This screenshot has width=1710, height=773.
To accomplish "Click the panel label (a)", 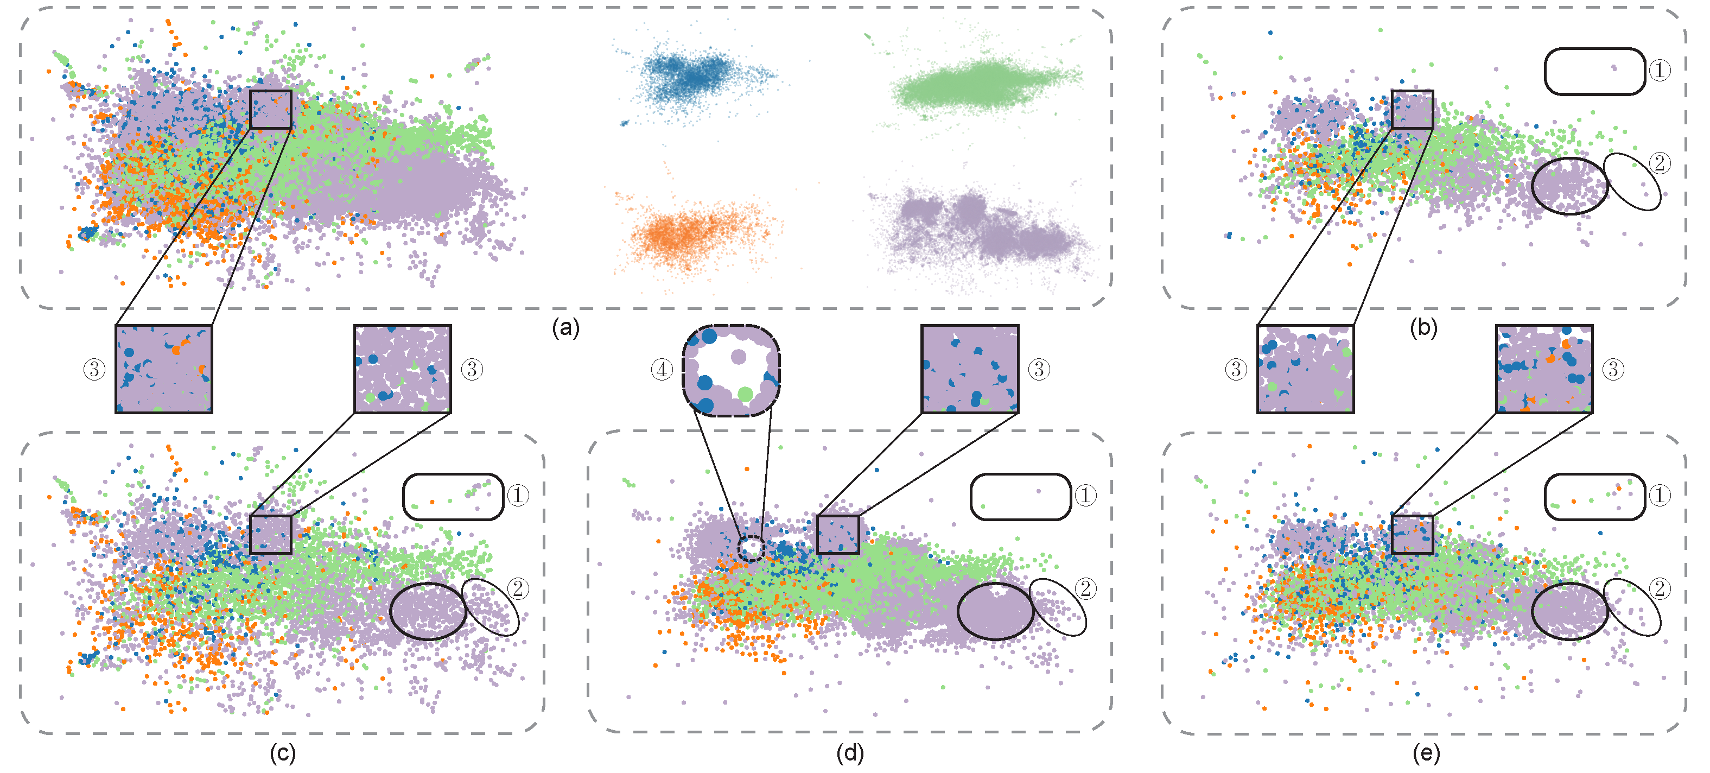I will (x=565, y=327).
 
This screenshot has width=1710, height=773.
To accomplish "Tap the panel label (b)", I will (x=1423, y=327).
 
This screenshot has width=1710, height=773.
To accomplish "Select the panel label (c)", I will (x=282, y=753).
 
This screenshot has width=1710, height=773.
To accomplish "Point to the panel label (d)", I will (x=850, y=753).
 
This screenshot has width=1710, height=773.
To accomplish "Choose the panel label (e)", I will (x=1426, y=753).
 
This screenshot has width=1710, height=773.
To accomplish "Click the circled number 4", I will (x=662, y=369).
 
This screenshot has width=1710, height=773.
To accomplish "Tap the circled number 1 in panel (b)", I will (x=1660, y=69).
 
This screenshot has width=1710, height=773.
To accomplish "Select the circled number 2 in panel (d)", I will (x=1085, y=588).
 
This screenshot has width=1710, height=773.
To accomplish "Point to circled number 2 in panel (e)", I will (x=1660, y=588).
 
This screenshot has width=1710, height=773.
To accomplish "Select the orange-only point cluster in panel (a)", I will (x=690, y=232).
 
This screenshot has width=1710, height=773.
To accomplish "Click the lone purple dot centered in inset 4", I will (x=738, y=357).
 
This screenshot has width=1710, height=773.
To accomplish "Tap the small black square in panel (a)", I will (x=271, y=109).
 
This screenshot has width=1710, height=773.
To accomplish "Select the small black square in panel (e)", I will (x=1412, y=534).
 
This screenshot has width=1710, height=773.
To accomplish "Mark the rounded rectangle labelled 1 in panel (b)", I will (x=1594, y=71).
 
